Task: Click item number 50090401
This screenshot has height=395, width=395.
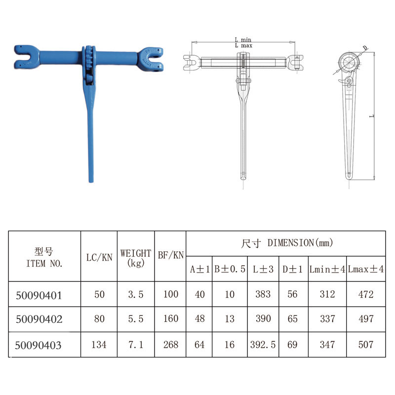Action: click(39, 295)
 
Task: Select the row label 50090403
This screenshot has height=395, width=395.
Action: click(38, 345)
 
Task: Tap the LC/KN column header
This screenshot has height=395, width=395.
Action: click(99, 257)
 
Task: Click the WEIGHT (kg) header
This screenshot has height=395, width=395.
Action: click(136, 258)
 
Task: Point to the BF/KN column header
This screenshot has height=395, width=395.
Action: click(171, 255)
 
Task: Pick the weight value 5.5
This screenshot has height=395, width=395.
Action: click(135, 319)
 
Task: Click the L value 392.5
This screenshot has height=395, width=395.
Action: click(263, 345)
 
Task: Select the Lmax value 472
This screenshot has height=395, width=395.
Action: click(366, 294)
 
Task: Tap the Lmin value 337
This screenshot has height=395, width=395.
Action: click(327, 319)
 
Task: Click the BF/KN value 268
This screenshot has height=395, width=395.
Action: click(171, 345)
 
